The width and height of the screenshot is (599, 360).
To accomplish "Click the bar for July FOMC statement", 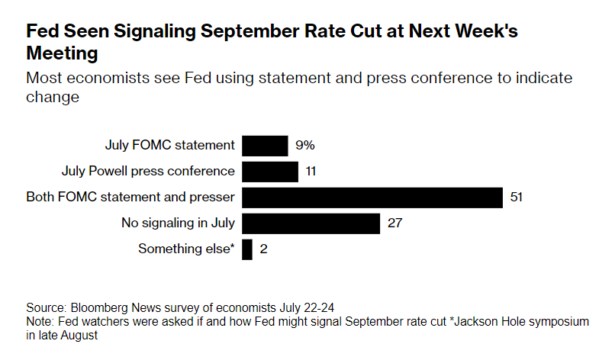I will (x=265, y=145).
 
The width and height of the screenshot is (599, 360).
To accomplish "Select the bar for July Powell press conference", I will (x=270, y=171).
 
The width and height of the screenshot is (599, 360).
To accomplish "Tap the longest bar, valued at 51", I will (x=372, y=198).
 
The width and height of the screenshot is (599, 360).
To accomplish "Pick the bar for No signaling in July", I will (x=311, y=223).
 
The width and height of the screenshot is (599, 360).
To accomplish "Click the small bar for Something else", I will (x=247, y=249).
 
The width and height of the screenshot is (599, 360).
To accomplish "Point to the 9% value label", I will (x=305, y=145).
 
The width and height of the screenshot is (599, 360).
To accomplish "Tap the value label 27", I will (x=395, y=223).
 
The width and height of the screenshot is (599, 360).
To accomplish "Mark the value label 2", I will (x=263, y=249).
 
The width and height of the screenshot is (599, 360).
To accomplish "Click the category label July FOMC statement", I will (x=169, y=145).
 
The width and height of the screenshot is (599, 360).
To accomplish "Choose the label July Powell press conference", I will (x=148, y=171).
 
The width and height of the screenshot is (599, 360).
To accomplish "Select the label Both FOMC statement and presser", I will (x=130, y=198).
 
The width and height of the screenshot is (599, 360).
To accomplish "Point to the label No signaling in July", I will (x=178, y=223).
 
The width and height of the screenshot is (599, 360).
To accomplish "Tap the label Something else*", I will (x=185, y=249).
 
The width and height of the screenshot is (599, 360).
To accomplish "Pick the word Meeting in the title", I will (x=63, y=53).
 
